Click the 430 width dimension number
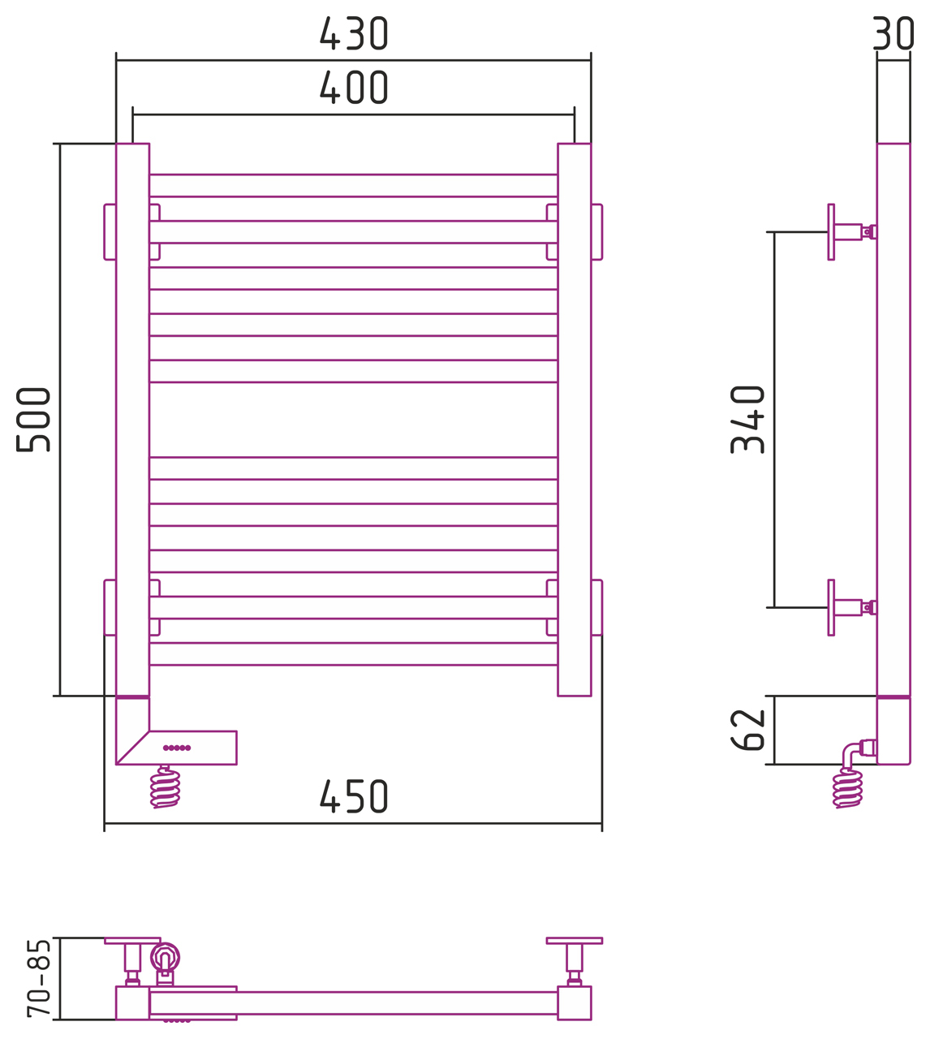(x=354, y=34)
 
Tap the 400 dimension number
(x=354, y=87)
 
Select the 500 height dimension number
(x=34, y=420)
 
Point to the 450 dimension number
(x=354, y=796)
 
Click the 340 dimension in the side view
(x=747, y=420)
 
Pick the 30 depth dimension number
(x=893, y=34)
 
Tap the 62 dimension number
(x=747, y=731)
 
